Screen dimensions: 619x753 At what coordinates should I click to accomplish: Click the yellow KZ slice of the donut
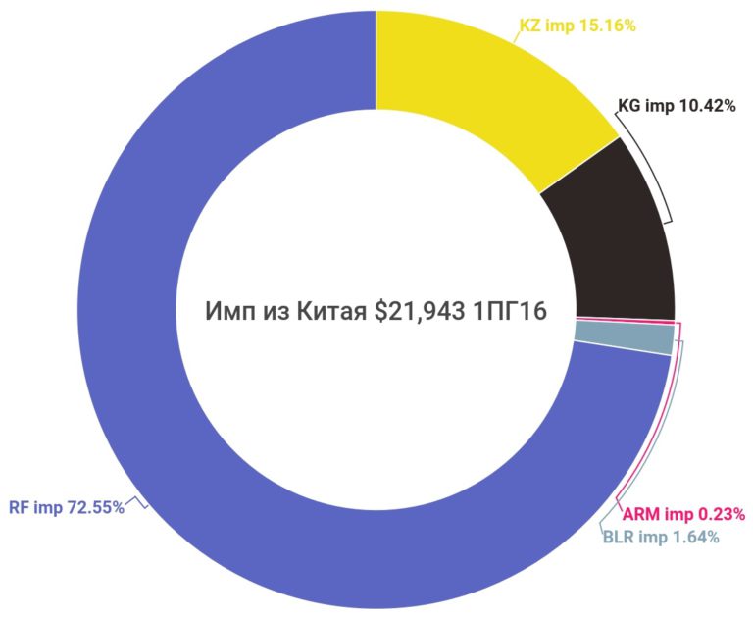[480, 88]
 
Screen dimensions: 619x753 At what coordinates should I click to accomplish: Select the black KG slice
[613, 235]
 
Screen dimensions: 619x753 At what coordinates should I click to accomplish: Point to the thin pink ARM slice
[624, 322]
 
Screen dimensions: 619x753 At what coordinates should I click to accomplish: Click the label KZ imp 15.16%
[577, 26]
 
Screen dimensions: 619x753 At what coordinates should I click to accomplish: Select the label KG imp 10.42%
[677, 106]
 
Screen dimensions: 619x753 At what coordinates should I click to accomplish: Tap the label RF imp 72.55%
[67, 507]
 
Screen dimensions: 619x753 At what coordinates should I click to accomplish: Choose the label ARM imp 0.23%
[685, 513]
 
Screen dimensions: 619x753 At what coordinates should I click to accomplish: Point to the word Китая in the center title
[332, 311]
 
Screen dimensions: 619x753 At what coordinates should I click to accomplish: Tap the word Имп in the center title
[227, 311]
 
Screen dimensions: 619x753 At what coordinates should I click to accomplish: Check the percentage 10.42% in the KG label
[706, 106]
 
